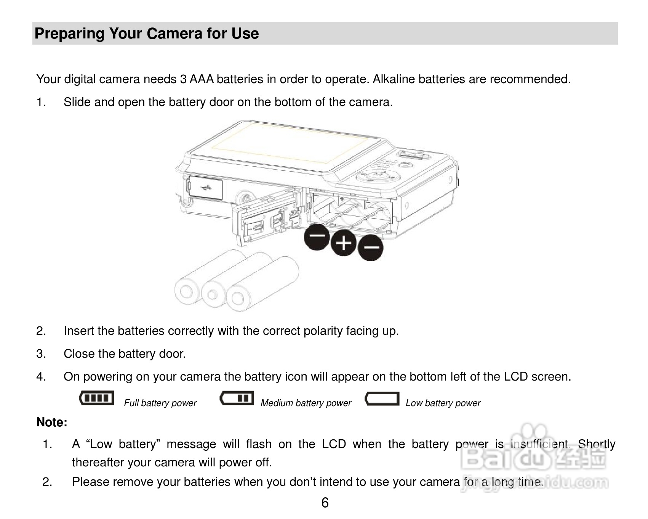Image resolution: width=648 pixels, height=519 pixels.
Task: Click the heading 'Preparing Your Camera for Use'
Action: click(147, 34)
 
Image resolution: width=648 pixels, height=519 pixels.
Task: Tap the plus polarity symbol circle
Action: click(344, 243)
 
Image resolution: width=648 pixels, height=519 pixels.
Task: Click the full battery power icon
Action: click(96, 398)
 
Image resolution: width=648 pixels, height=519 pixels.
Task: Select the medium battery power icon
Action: click(237, 398)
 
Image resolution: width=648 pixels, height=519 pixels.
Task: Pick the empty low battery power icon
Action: click(382, 398)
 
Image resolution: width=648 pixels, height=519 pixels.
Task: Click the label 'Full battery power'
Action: click(160, 403)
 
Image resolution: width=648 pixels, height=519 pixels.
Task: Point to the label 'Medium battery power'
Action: click(306, 403)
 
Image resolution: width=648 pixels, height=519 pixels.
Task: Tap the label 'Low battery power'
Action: click(443, 403)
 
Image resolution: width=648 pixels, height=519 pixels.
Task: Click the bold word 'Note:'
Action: click(52, 423)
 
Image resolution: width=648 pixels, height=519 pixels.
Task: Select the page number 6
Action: click(325, 503)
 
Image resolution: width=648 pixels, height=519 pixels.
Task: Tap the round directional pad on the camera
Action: click(378, 177)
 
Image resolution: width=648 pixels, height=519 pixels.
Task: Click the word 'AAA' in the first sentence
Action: click(202, 79)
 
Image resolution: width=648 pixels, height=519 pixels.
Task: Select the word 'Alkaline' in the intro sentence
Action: click(394, 79)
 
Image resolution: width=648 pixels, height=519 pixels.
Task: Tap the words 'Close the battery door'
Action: click(125, 354)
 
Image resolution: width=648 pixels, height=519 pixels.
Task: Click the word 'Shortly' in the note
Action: click(597, 444)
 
